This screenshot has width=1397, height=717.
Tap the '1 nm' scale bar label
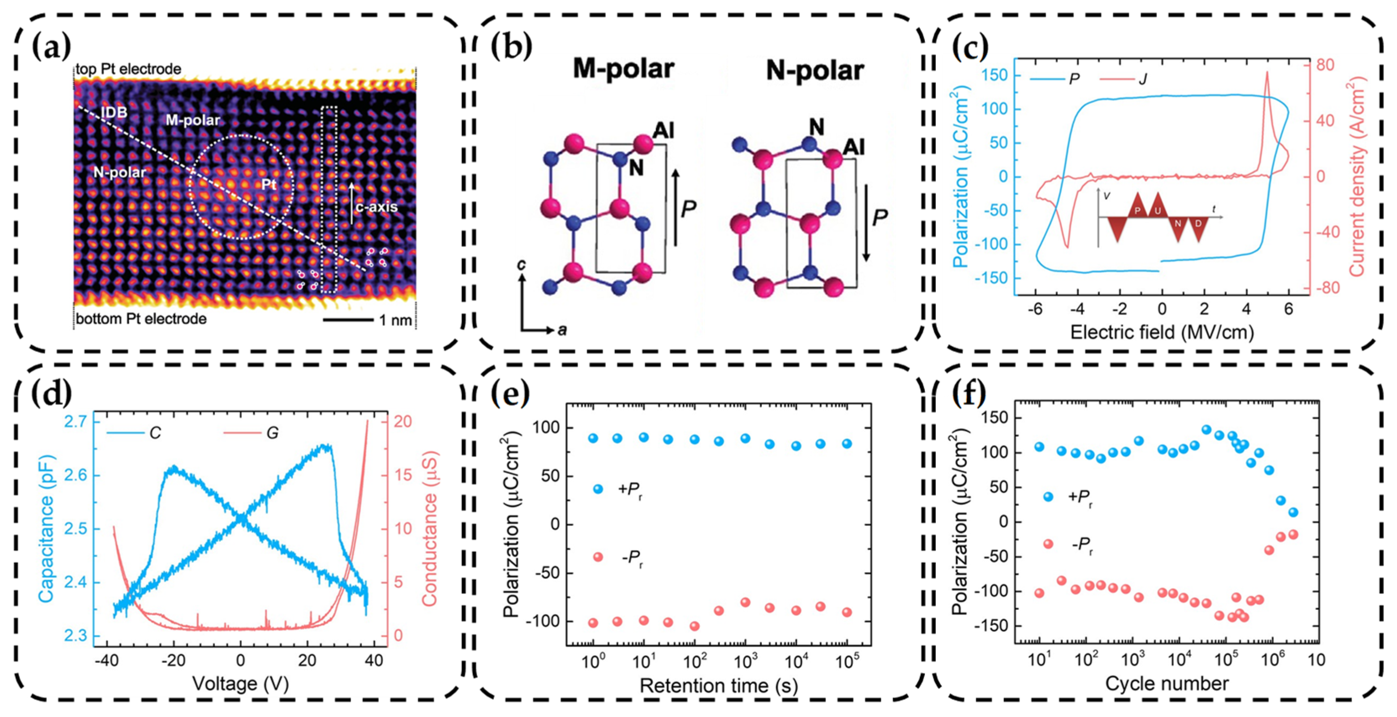coord(395,320)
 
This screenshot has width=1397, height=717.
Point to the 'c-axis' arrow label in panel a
coord(376,207)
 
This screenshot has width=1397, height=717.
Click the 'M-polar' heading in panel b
coord(624,69)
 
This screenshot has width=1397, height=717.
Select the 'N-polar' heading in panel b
coord(815,71)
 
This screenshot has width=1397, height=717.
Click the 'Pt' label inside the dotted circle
coord(269,184)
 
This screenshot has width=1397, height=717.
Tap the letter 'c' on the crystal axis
coord(521,265)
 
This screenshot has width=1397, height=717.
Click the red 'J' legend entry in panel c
coord(1142,80)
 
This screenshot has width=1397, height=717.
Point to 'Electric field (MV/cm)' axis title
coord(1162,332)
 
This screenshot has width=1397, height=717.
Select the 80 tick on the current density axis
coord(1325,66)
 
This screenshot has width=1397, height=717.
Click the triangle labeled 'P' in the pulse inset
coord(1138,209)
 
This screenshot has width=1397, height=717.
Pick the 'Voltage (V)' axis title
coord(240,683)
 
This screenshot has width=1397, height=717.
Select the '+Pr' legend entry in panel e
coord(630,489)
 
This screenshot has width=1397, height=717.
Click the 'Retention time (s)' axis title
coord(719,685)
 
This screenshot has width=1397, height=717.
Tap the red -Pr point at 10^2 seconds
coord(694,626)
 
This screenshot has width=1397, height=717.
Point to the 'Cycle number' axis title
coord(1166,683)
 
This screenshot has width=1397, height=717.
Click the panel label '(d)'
coord(52,394)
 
